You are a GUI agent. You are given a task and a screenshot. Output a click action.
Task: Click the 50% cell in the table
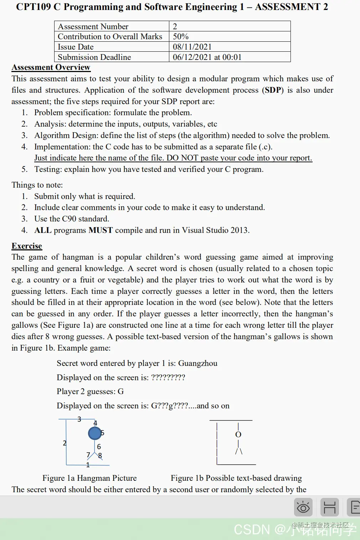181,36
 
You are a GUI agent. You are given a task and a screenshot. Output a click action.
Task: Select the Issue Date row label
76,47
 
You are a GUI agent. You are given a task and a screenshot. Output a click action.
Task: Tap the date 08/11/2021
192,47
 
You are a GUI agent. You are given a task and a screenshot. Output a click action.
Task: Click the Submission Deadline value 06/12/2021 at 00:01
207,57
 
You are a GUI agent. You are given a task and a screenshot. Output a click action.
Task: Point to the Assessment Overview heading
51,67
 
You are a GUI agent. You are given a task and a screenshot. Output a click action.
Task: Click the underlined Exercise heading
27,246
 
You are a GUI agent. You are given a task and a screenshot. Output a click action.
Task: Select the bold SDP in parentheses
273,90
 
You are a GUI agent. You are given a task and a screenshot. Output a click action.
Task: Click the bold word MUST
101,230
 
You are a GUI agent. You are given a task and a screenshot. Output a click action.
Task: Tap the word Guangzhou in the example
197,363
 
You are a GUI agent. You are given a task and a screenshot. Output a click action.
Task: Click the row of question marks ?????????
168,377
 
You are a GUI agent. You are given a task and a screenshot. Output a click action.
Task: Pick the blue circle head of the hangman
94,433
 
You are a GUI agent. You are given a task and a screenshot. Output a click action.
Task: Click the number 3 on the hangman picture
79,419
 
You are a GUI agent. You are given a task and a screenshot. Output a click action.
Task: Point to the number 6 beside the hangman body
99,447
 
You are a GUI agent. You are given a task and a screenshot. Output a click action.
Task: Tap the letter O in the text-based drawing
238,434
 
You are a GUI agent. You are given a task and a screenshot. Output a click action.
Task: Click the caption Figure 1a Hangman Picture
89,478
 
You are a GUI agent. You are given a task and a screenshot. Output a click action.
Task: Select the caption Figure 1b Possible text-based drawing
236,478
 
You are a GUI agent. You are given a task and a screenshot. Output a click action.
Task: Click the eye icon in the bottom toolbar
303,507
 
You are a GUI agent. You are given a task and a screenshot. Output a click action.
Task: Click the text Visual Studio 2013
215,230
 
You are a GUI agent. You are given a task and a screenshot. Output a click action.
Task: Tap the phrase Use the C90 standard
72,219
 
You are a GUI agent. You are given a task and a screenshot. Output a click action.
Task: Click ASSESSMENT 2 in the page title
291,7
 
